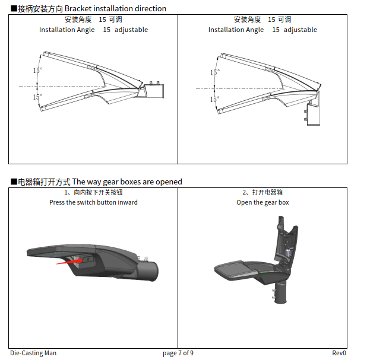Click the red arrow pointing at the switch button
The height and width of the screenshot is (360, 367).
[x=69, y=262]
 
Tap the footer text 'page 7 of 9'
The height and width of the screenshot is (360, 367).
[x=178, y=353]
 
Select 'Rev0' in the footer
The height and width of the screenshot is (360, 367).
[x=339, y=353]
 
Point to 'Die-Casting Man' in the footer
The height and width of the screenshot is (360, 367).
[x=33, y=353]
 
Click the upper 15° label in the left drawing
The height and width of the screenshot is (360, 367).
[x=37, y=70]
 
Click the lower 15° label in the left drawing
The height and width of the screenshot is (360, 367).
[x=37, y=97]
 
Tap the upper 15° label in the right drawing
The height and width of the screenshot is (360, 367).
[x=215, y=72]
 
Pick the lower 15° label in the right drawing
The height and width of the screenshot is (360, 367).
[x=214, y=99]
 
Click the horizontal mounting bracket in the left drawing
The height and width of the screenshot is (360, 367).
[x=152, y=91]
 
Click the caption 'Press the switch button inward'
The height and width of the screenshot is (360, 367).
[x=93, y=202]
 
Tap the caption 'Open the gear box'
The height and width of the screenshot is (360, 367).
[x=262, y=202]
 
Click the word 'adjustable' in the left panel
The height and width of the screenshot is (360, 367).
[x=131, y=30]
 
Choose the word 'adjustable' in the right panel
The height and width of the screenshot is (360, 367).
[x=300, y=30]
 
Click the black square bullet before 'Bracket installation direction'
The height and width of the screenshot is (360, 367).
[x=14, y=9]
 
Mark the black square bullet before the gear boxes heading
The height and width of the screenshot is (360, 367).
[x=14, y=181]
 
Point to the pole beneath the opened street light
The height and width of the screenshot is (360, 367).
[x=281, y=293]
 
